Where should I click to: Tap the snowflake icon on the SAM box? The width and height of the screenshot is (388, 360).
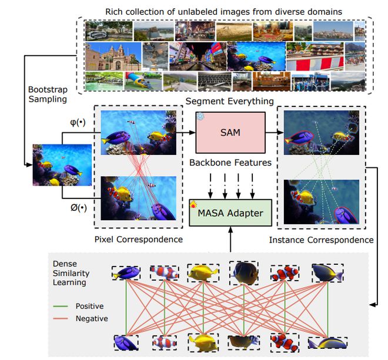coord(200,117)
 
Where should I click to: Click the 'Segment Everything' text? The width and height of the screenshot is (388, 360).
coord(230,102)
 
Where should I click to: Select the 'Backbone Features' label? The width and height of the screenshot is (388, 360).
coord(230,162)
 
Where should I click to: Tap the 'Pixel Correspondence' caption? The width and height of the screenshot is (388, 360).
coord(139,239)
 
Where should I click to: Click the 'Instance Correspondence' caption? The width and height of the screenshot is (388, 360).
coord(321,240)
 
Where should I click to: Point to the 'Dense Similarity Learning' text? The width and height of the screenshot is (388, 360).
coord(69,274)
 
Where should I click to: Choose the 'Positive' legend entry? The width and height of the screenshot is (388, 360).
coord(88,305)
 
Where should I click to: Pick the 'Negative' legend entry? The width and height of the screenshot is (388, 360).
coord(91,318)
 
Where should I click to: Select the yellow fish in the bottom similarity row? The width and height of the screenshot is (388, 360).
coord(199,342)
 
